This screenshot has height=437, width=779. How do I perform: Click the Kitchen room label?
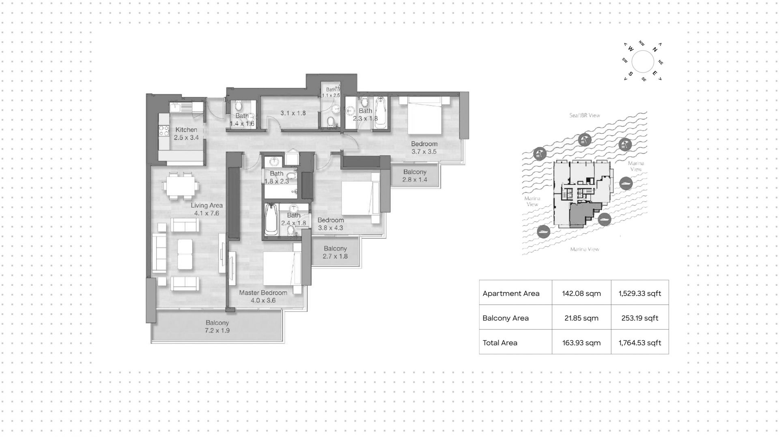(x=186, y=130)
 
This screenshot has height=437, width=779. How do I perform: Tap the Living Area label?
(x=207, y=206)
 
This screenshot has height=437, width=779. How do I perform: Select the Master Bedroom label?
(x=263, y=293)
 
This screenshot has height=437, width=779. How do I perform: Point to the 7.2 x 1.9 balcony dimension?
(x=217, y=330)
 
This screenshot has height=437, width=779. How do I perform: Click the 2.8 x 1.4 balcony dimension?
(x=415, y=180)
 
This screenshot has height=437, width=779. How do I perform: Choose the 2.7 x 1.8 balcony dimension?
(x=335, y=256)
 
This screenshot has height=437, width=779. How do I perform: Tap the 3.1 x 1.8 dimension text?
(x=293, y=113)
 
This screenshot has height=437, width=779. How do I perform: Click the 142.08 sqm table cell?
(x=581, y=293)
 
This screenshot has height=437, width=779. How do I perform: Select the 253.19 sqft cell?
(x=640, y=318)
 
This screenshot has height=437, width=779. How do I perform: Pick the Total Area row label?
(x=500, y=343)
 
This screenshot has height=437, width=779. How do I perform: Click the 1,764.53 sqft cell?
(x=640, y=343)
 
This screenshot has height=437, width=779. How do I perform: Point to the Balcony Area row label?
(x=506, y=318)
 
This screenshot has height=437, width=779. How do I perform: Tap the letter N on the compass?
(x=655, y=49)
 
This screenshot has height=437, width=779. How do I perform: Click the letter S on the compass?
(x=631, y=74)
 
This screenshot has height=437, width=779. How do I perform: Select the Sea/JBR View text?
(x=585, y=116)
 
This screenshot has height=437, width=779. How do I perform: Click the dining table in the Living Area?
(x=181, y=186)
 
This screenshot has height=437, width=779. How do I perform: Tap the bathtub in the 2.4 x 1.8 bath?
(x=271, y=219)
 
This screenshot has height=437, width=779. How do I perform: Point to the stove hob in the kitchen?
(x=164, y=131)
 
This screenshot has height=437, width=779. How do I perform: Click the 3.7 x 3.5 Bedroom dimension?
(x=424, y=152)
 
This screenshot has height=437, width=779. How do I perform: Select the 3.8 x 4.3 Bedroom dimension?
(x=330, y=228)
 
